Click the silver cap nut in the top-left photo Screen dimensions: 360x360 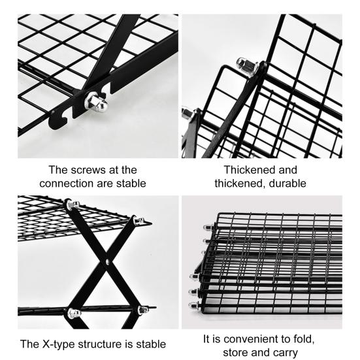(x=96, y=102)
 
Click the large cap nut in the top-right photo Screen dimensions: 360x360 (x=247, y=67)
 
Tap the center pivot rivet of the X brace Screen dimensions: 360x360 (x=107, y=261)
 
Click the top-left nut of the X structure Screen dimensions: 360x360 (x=73, y=204)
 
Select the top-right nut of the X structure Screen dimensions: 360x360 (x=139, y=220)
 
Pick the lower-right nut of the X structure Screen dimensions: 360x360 (x=144, y=310)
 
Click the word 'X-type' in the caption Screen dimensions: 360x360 (x=59, y=344)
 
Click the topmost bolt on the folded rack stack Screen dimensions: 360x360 (x=208, y=227)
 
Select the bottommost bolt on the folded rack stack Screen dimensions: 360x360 (x=194, y=305)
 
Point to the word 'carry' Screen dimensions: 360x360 (x=285, y=353)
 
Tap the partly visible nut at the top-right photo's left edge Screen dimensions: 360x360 (x=187, y=112)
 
